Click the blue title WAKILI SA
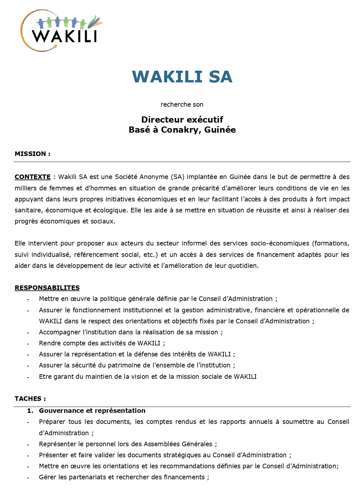click(x=182, y=77)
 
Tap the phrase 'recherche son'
click(x=182, y=104)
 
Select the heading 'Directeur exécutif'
click(x=182, y=119)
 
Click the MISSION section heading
click(x=32, y=154)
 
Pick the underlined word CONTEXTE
click(x=32, y=177)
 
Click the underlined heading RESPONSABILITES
click(x=47, y=288)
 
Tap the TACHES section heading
click(x=30, y=399)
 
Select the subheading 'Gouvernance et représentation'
click(x=92, y=411)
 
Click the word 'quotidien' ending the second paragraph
click(x=244, y=266)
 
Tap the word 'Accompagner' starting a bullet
click(x=59, y=332)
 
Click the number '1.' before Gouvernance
click(x=30, y=411)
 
